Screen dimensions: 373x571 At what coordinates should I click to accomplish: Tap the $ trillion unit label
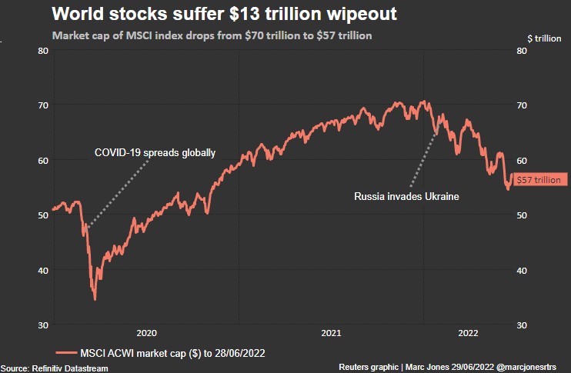coord(543,37)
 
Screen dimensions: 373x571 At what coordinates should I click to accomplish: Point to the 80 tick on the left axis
coord(43,51)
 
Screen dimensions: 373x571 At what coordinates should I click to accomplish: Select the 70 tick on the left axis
coord(43,105)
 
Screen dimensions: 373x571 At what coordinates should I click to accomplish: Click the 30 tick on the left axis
coord(43,325)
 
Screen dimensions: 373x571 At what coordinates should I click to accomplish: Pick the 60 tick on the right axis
coord(522,161)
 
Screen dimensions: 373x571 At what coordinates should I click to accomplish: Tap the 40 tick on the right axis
coord(522,271)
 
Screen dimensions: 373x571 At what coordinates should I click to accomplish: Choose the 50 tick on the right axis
coord(522,215)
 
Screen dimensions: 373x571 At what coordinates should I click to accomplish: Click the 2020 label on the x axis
coord(146,333)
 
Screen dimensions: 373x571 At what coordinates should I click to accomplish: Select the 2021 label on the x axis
coord(331,333)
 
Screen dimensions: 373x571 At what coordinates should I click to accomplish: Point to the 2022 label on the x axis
coord(469,333)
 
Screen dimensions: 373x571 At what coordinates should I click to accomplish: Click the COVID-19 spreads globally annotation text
coord(155,152)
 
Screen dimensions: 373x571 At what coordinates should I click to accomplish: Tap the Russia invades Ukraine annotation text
coord(406,197)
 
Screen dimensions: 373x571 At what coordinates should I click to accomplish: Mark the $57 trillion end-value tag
coord(539,180)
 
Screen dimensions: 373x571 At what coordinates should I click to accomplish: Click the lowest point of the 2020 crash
coord(95,299)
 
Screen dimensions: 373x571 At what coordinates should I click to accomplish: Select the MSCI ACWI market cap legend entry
coord(162,352)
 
